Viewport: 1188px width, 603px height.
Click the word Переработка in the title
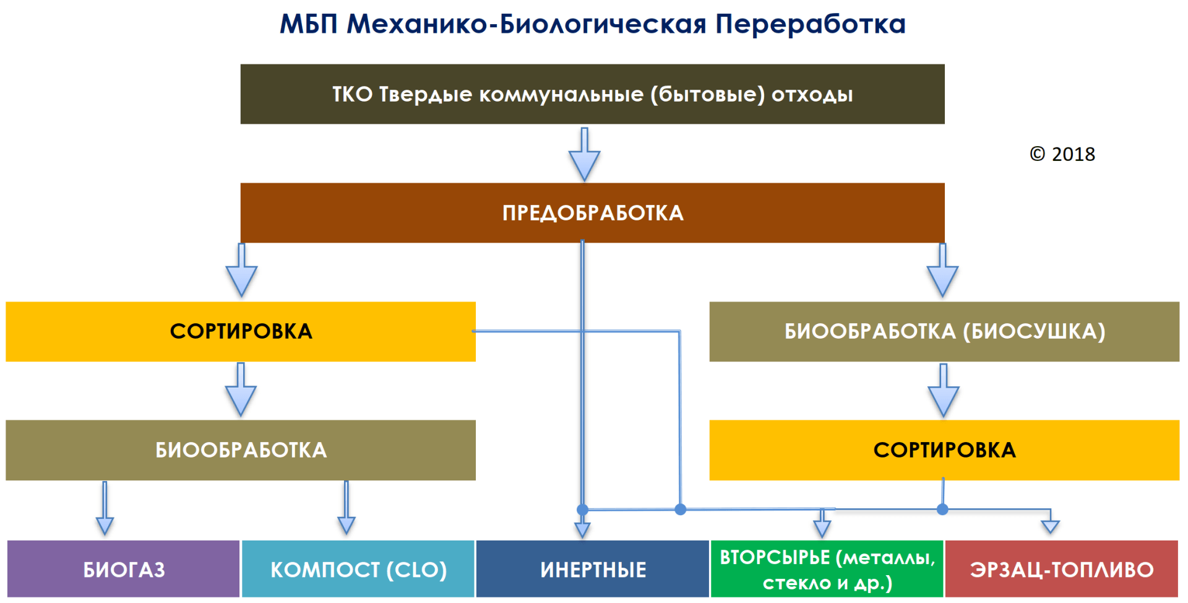(810, 25)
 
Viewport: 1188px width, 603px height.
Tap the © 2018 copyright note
(1062, 154)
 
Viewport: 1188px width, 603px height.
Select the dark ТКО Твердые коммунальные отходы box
(592, 94)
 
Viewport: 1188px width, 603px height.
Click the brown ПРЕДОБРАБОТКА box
(592, 212)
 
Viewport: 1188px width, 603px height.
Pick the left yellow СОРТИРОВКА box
(241, 331)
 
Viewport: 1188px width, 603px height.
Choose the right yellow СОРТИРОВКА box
(944, 450)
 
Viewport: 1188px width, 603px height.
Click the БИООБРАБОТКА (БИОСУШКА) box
(944, 331)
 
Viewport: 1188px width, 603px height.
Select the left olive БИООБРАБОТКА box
(241, 450)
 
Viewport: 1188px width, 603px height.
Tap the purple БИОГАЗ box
(123, 569)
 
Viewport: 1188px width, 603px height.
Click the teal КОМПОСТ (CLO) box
(358, 569)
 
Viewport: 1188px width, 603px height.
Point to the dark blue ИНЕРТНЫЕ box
(592, 569)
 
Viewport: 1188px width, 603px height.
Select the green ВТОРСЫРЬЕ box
(827, 569)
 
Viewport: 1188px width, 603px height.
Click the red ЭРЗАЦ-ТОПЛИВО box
(1061, 569)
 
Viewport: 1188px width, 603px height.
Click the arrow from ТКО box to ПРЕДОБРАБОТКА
(584, 155)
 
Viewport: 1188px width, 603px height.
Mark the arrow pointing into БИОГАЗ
(105, 510)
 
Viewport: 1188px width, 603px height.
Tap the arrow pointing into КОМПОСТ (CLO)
(346, 510)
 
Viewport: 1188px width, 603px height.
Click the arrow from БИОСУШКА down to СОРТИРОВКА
(944, 391)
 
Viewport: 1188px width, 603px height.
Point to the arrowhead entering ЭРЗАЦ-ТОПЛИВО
(1050, 526)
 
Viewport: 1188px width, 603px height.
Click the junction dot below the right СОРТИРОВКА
(942, 510)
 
